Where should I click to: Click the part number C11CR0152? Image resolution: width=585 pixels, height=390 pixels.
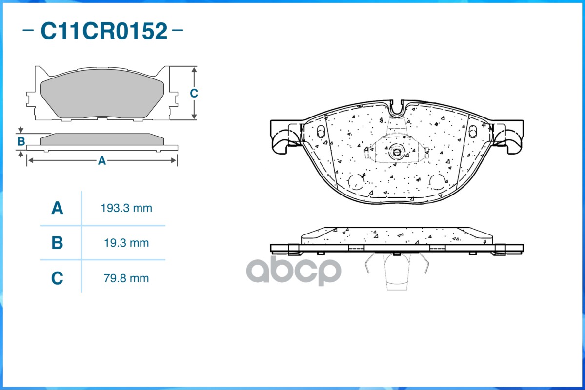[x=103, y=32]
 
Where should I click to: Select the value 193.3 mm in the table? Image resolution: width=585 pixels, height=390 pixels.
[x=126, y=209]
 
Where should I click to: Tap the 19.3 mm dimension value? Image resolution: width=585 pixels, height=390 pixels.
[x=126, y=243]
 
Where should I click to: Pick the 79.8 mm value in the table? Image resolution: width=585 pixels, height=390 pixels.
[x=126, y=278]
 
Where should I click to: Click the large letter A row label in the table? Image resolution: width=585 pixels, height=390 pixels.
[x=57, y=209]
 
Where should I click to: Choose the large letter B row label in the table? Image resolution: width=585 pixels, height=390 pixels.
[x=57, y=243]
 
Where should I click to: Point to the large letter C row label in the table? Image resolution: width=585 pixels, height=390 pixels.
[x=57, y=278]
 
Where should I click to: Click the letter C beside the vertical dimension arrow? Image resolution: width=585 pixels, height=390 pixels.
[x=194, y=93]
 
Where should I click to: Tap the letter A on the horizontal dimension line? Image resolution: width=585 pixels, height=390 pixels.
[x=101, y=160]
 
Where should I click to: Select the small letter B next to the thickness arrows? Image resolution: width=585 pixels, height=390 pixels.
[x=21, y=142]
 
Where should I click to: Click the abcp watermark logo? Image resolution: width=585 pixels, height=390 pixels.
[x=293, y=271]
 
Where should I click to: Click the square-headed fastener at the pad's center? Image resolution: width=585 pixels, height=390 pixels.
[x=396, y=152]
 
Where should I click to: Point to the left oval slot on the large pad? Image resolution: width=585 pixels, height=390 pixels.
[x=321, y=132]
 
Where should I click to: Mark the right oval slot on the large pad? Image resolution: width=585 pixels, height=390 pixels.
[x=472, y=132]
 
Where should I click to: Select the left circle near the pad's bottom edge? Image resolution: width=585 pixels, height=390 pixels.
[x=357, y=181]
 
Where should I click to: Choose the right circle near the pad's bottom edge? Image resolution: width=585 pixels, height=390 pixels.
[x=437, y=181]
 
